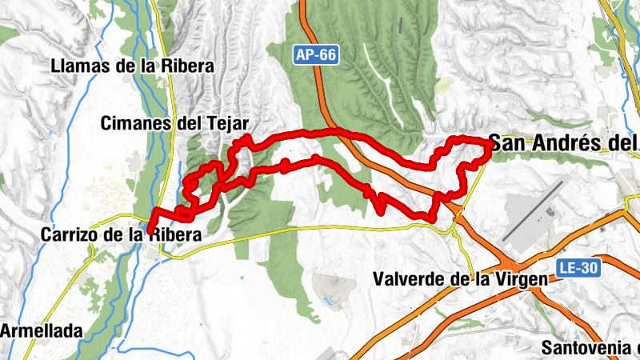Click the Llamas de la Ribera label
(132, 66)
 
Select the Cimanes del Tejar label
(176, 123)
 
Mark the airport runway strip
(532, 210)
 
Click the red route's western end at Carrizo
(150, 231)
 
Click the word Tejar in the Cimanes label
(229, 123)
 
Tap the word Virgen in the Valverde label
(522, 279)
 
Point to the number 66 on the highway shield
(326, 55)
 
